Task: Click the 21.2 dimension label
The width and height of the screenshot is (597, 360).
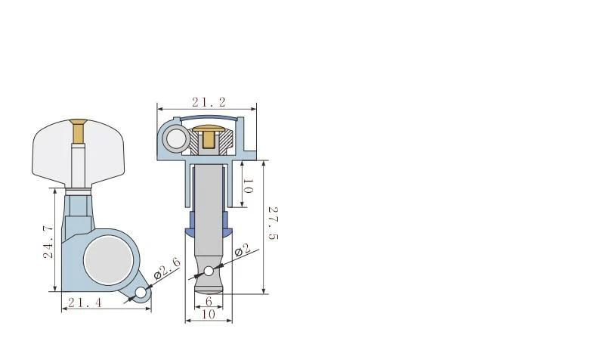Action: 209,102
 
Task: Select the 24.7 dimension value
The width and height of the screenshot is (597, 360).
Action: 48,242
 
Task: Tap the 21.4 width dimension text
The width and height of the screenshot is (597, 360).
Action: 85,303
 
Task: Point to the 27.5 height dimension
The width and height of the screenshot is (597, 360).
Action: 274,223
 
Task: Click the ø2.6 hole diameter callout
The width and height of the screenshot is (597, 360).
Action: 167,268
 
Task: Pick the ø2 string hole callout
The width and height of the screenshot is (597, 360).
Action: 242,250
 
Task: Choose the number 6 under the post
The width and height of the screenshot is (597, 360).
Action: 209,301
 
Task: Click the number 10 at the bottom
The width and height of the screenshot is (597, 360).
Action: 209,314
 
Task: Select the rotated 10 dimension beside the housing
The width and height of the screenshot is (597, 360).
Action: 247,185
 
